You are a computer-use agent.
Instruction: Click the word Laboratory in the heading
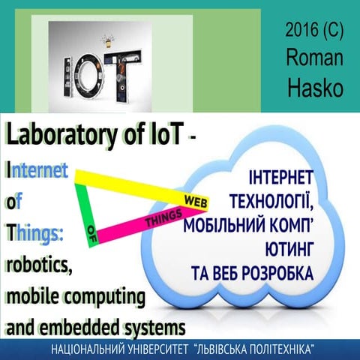pos(58,135)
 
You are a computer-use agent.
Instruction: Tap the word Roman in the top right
pos(314,58)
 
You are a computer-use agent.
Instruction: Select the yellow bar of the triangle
pos(127,184)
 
